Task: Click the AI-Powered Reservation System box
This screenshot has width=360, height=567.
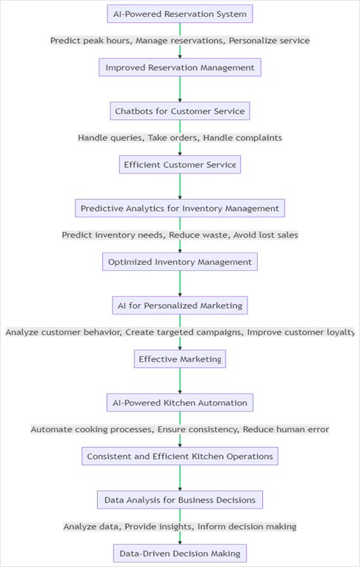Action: [x=180, y=14]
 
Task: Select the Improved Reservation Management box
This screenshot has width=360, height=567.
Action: [x=180, y=67]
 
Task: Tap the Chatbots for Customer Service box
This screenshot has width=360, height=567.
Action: [x=180, y=111]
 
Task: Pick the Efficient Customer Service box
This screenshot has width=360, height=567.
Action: [x=180, y=164]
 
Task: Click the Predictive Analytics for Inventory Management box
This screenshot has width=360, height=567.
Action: [x=180, y=208]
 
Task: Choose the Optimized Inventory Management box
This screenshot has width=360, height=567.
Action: [x=180, y=262]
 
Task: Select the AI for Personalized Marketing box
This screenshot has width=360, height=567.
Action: [x=180, y=306]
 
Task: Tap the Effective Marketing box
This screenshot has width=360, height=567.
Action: [x=180, y=359]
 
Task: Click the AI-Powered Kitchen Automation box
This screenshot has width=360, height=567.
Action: [x=180, y=403]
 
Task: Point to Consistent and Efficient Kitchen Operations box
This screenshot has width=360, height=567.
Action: [x=180, y=457]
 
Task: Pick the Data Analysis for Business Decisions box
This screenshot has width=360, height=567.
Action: [x=180, y=500]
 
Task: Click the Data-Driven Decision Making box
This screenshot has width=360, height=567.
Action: [x=180, y=554]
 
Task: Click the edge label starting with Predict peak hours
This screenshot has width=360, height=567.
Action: [x=180, y=41]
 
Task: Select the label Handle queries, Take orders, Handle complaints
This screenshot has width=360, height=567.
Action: [x=180, y=138]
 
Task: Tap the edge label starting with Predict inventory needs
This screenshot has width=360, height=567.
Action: [x=180, y=235]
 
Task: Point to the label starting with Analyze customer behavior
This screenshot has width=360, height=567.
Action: [x=180, y=332]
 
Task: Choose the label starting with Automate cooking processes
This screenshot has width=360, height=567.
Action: [x=180, y=429]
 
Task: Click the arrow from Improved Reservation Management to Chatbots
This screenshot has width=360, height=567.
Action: [x=180, y=89]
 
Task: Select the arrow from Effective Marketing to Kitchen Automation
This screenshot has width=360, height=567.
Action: [x=180, y=380]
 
